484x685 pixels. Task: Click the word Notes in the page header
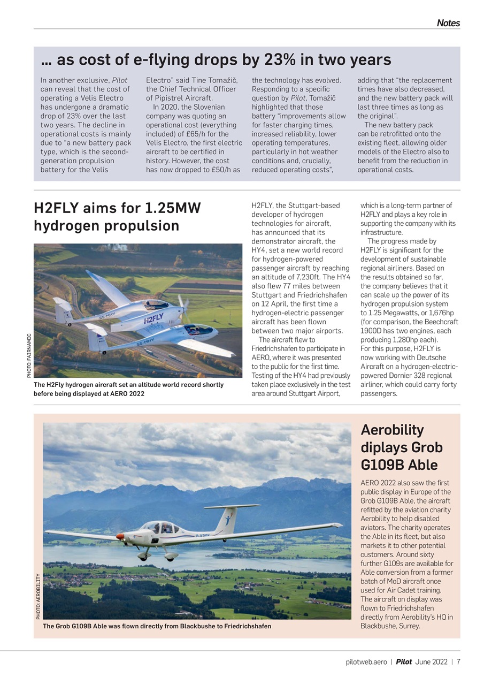[x=448, y=23]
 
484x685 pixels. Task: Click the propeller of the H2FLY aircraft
[x=183, y=303]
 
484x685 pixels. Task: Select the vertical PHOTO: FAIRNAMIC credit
[x=29, y=355]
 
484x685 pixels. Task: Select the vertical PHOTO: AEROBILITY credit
[x=38, y=596]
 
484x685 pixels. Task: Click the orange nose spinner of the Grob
[x=120, y=536]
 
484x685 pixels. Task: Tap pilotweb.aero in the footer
[x=366, y=662]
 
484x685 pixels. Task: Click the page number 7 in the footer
[x=458, y=662]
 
